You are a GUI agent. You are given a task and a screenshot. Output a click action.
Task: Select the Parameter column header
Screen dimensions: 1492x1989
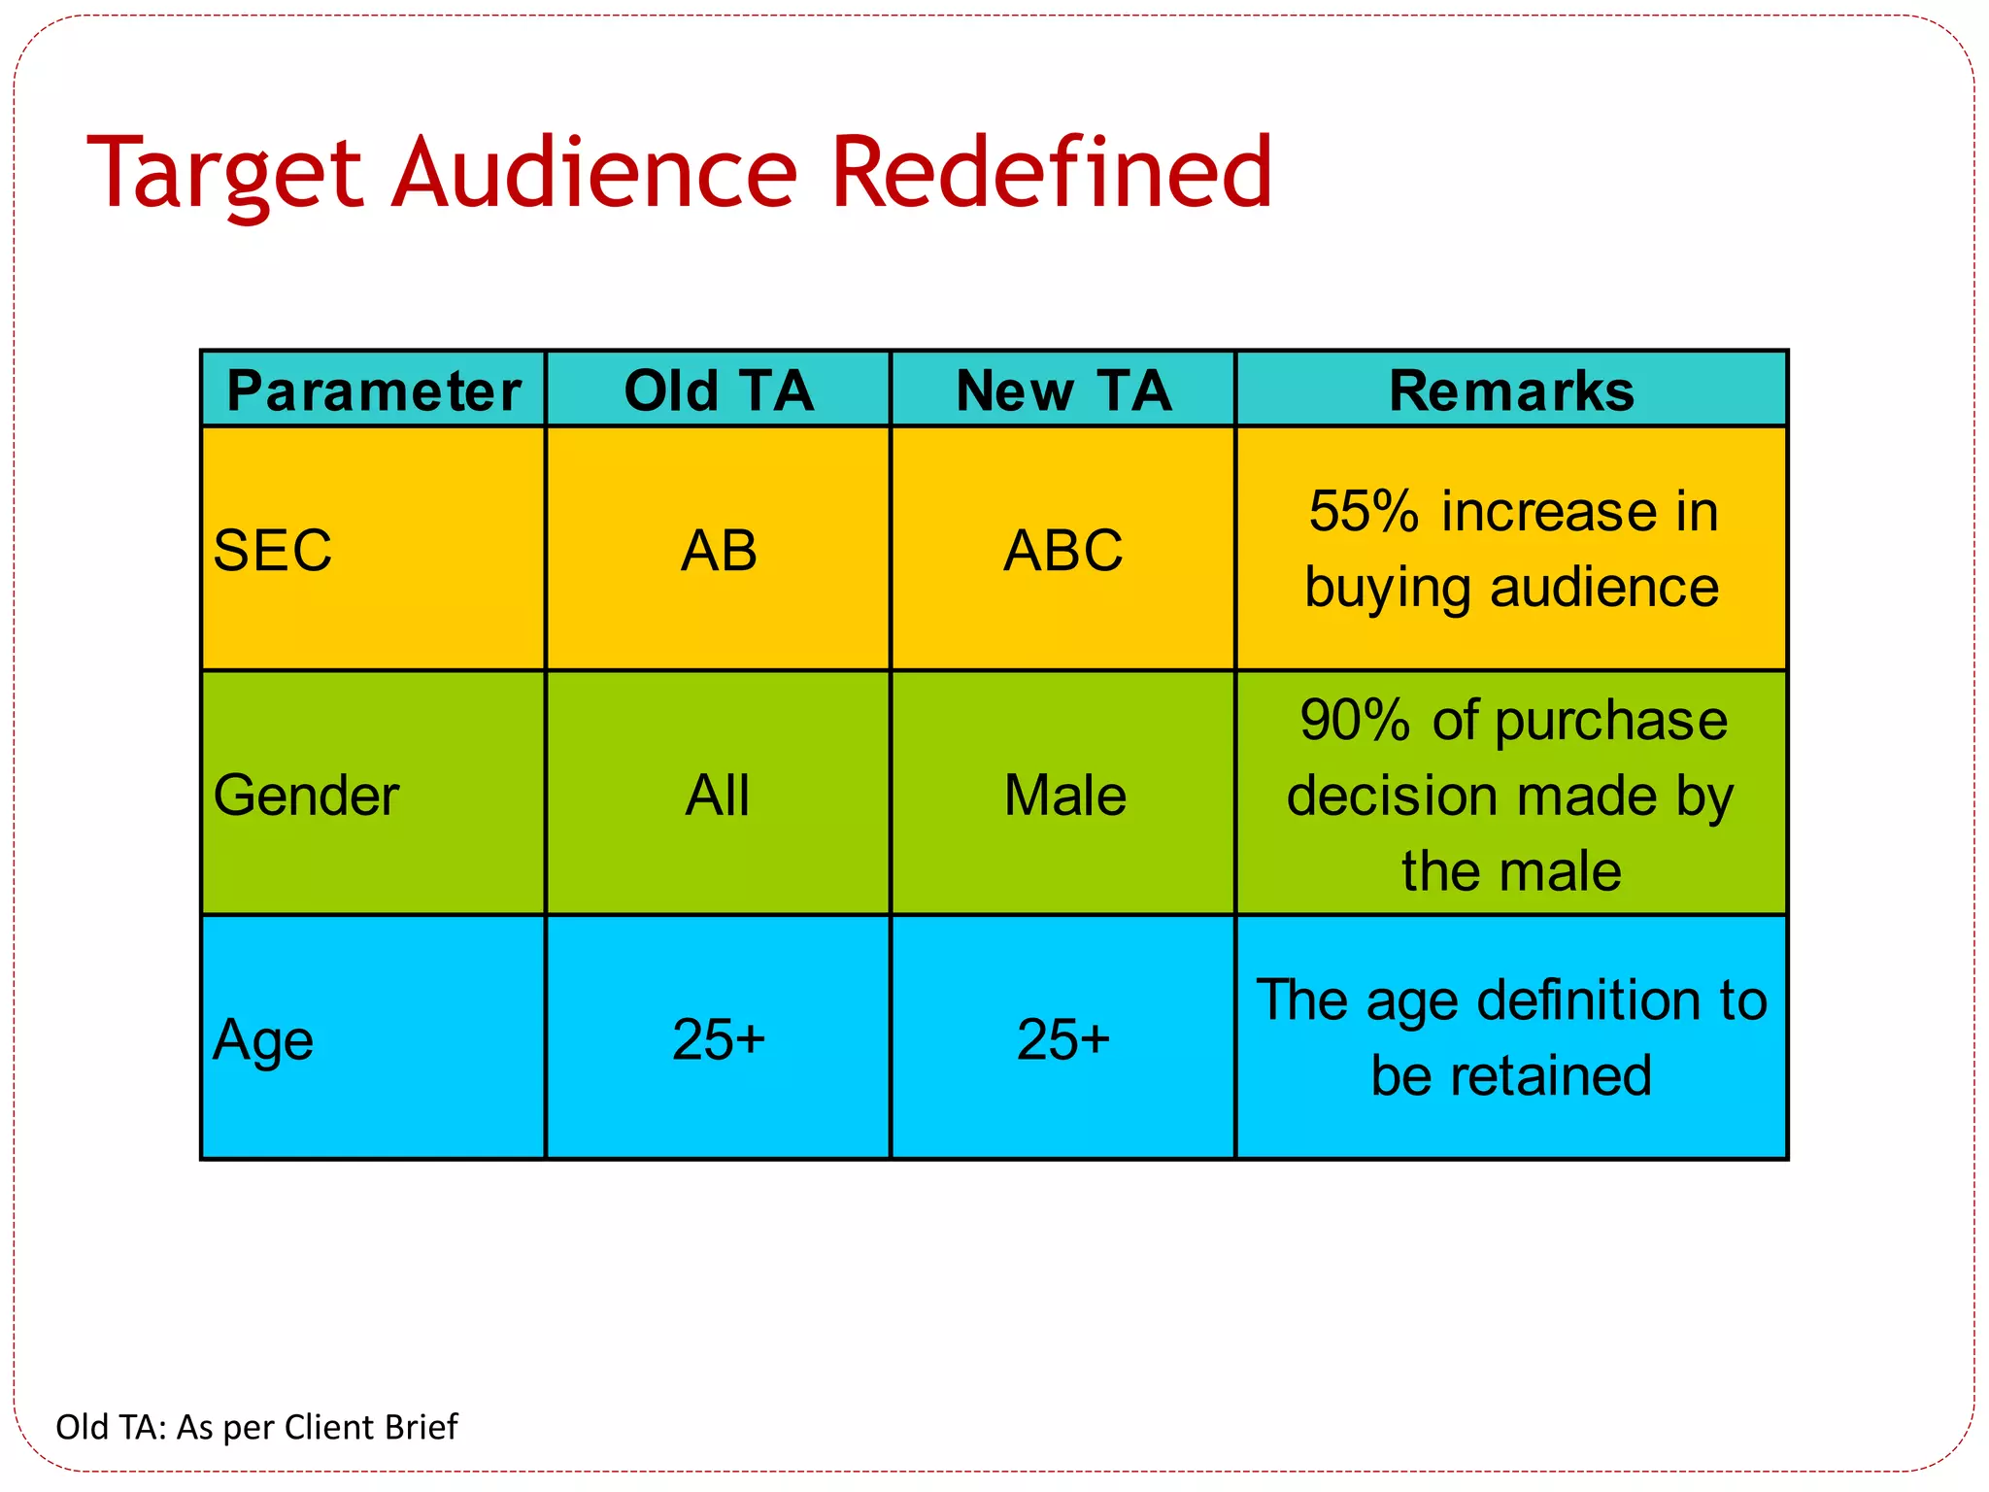374,390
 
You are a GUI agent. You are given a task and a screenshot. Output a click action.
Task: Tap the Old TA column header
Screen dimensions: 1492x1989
719,390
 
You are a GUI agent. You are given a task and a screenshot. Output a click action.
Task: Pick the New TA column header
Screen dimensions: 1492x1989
1063,390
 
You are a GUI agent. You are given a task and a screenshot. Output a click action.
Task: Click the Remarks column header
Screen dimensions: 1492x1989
1511,390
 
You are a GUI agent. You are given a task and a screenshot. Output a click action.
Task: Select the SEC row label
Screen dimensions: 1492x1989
273,550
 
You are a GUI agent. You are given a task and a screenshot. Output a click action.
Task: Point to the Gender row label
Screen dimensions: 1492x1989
306,796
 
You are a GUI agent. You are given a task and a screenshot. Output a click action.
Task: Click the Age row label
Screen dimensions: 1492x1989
263,1040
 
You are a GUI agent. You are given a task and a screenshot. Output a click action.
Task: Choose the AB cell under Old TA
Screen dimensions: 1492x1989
719,550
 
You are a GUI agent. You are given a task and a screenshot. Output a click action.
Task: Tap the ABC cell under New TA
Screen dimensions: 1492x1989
1063,550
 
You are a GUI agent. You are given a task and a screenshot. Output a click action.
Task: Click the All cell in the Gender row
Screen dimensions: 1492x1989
718,796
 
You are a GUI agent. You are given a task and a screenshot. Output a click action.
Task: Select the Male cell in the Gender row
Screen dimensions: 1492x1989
1064,796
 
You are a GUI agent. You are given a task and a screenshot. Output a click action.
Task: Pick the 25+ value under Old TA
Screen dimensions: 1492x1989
719,1039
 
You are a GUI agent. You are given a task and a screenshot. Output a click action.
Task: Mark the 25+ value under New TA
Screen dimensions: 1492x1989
1063,1039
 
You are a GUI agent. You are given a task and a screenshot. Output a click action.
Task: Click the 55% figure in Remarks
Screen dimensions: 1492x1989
1363,511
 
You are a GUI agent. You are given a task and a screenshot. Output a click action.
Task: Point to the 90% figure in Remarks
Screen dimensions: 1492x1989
1355,721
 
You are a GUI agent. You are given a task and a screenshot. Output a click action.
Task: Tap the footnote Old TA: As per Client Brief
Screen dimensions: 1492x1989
256,1427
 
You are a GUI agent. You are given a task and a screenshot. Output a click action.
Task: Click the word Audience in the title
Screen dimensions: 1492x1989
594,173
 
